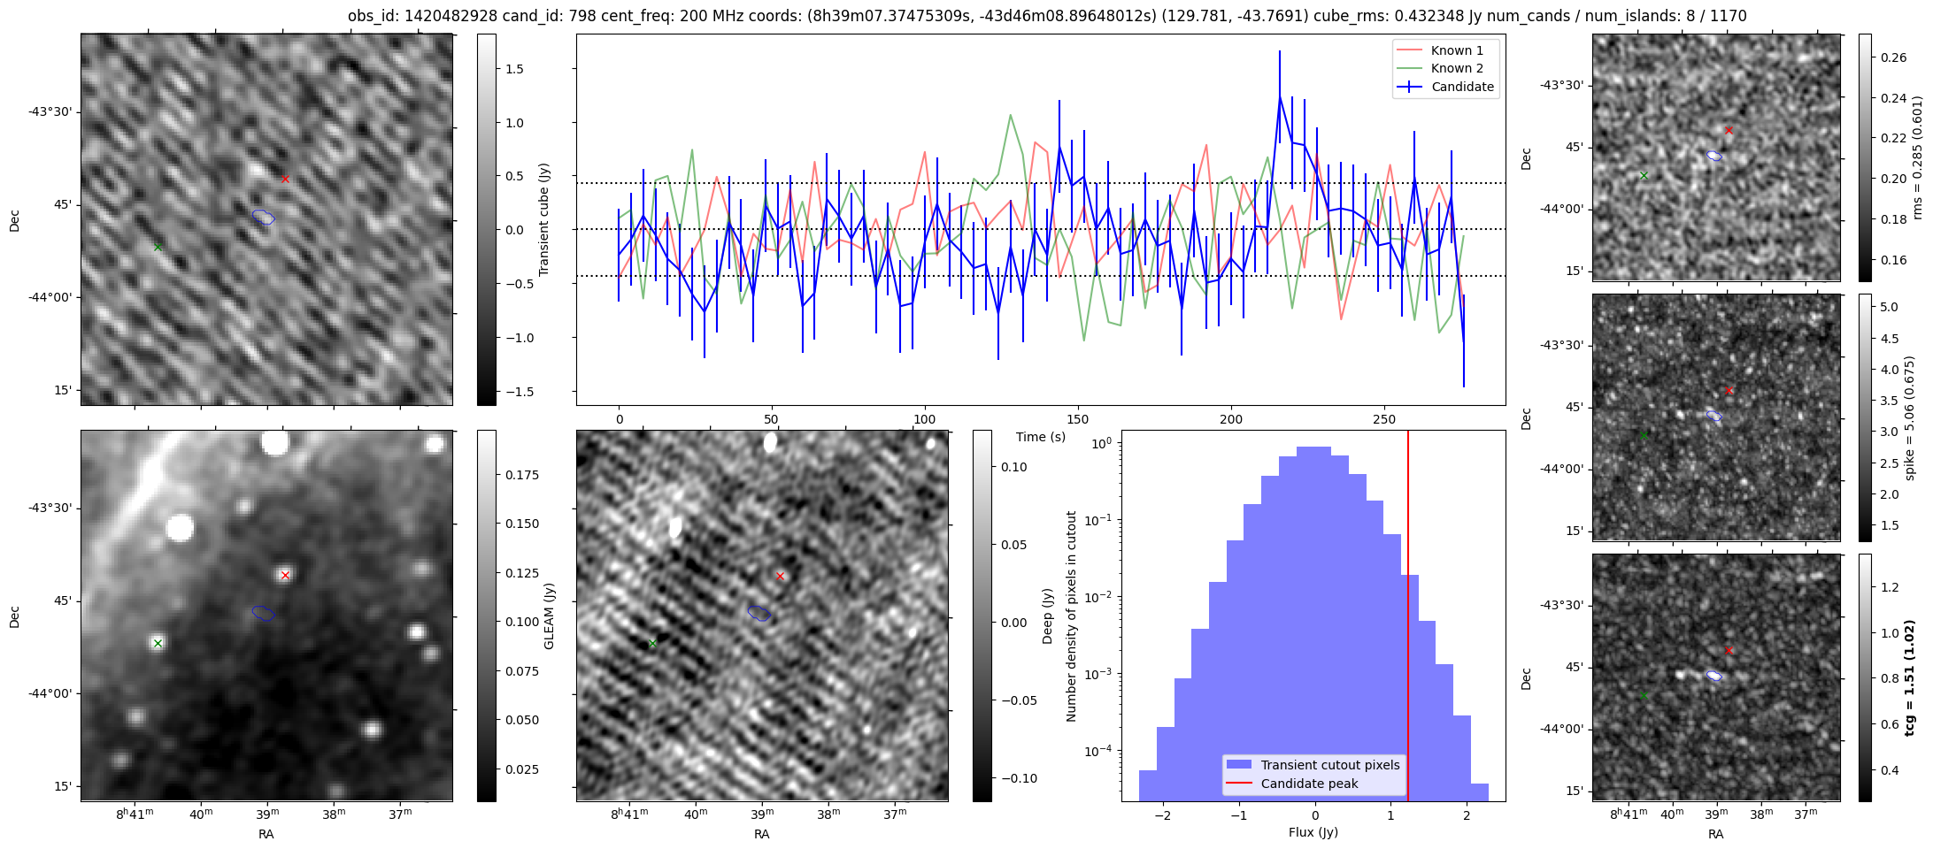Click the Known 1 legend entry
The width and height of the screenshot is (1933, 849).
pyautogui.click(x=1456, y=50)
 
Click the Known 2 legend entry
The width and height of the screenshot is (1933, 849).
pyautogui.click(x=1456, y=68)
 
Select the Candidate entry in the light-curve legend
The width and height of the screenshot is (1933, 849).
pyautogui.click(x=1462, y=87)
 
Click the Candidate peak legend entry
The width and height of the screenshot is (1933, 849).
pyautogui.click(x=1309, y=784)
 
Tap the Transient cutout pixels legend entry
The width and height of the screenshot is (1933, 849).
pyautogui.click(x=1329, y=765)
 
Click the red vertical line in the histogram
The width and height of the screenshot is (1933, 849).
pyautogui.click(x=1408, y=619)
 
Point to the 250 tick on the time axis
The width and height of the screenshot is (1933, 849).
pyautogui.click(x=1383, y=419)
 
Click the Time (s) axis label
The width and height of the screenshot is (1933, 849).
pyautogui.click(x=1041, y=437)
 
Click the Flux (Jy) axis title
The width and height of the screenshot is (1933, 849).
pyautogui.click(x=1313, y=832)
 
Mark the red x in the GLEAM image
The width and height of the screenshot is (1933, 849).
pyautogui.click(x=285, y=575)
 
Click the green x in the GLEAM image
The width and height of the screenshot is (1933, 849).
pyautogui.click(x=158, y=643)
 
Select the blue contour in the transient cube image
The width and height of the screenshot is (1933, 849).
pyautogui.click(x=264, y=217)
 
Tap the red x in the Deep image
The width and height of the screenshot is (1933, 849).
pyautogui.click(x=780, y=576)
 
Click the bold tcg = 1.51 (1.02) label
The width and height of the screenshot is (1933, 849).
pyautogui.click(x=1910, y=677)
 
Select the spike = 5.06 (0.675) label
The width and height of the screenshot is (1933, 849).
pyautogui.click(x=1910, y=417)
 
